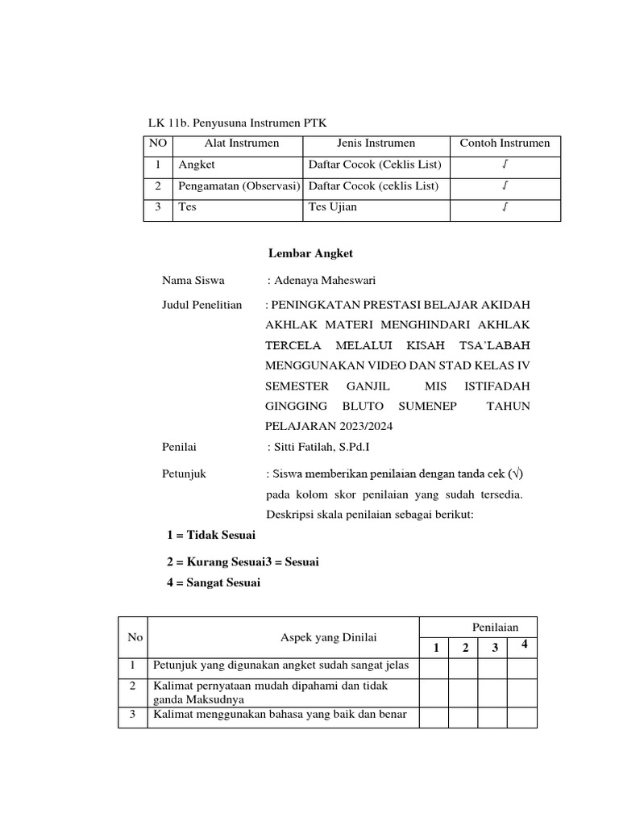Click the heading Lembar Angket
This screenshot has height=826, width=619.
click(310, 254)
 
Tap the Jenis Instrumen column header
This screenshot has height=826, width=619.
click(376, 144)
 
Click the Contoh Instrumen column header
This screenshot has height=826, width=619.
click(505, 144)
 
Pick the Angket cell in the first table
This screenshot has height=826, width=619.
click(197, 165)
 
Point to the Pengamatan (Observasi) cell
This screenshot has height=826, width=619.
click(239, 186)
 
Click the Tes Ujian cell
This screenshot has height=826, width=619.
click(333, 207)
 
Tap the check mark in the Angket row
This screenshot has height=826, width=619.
click(505, 165)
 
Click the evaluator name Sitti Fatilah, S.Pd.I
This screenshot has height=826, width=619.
click(320, 446)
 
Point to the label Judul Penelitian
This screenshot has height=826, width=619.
click(201, 306)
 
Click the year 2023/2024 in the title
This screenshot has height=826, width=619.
click(364, 426)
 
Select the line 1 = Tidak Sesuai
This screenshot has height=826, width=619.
click(211, 535)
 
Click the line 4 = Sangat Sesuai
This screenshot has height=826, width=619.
click(214, 583)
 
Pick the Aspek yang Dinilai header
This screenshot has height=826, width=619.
click(330, 637)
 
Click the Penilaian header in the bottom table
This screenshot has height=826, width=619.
click(495, 627)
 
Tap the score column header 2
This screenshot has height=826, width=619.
click(464, 648)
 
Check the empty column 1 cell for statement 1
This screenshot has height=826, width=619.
click(434, 666)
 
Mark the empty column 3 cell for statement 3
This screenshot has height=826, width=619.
click(492, 715)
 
